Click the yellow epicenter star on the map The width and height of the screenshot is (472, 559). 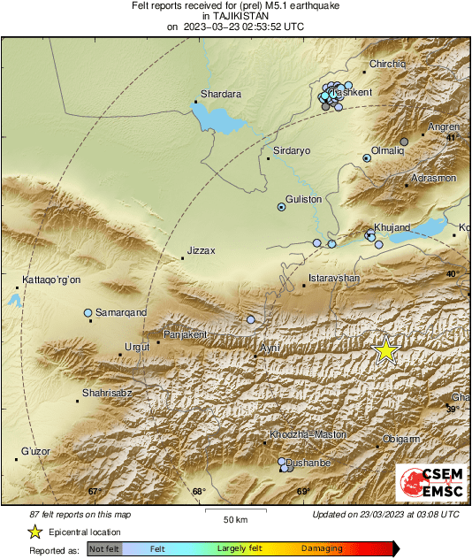coord(384,351)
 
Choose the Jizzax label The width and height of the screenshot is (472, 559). coord(202,250)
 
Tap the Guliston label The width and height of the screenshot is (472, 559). coord(303,200)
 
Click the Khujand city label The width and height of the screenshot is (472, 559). coord(392,227)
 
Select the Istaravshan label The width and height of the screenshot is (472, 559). coord(333,279)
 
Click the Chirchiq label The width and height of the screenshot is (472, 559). coord(387,64)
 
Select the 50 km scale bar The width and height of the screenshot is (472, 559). coord(234,512)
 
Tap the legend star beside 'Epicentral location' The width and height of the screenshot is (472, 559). coord(34,532)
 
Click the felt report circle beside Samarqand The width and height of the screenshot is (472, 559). coord(88,313)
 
